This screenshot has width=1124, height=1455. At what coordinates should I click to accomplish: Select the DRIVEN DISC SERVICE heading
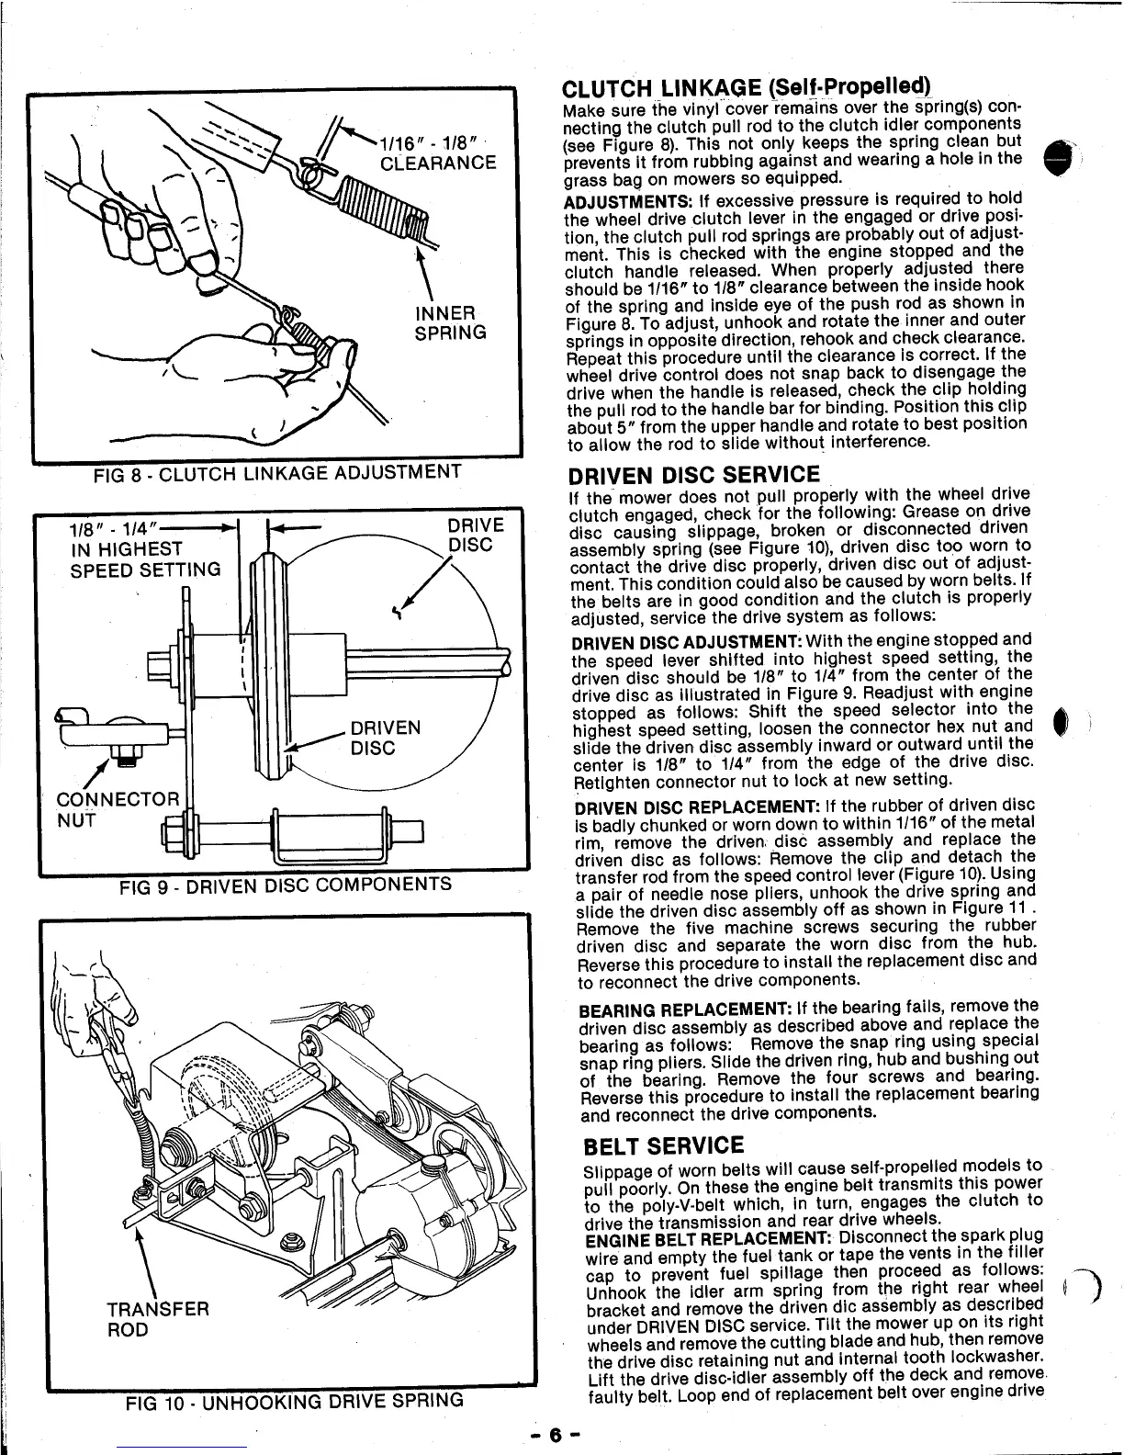tap(693, 475)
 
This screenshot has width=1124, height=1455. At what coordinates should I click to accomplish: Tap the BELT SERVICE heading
tap(664, 1146)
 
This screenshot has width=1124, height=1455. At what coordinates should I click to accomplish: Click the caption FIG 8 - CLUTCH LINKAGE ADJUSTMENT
tap(276, 474)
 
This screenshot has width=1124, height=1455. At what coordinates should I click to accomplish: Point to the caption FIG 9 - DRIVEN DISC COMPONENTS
tap(286, 885)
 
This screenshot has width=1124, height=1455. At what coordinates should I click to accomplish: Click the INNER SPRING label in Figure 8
tap(450, 321)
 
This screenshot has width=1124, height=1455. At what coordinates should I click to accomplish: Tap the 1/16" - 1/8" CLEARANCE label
tap(438, 152)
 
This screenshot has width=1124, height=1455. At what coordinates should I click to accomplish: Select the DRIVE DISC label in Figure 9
tap(475, 535)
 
